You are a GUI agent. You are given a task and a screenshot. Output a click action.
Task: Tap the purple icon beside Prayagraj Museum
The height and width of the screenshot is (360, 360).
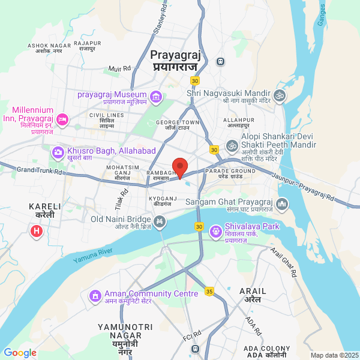[156, 95]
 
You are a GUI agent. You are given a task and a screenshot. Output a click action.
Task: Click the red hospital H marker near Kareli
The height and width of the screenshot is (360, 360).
[37, 230]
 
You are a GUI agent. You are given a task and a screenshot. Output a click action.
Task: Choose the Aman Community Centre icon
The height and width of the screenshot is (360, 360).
[95, 295]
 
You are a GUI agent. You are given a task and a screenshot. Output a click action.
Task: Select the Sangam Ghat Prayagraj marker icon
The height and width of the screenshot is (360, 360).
[283, 205]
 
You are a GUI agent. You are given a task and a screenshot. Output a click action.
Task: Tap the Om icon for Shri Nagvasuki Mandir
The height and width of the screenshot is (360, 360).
[278, 95]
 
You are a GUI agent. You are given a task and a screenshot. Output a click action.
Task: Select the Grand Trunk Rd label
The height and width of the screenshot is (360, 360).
[40, 171]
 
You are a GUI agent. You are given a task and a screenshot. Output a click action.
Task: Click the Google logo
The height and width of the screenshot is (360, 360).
[20, 353]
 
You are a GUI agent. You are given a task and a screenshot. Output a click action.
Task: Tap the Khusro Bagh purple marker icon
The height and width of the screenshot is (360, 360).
[58, 152]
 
